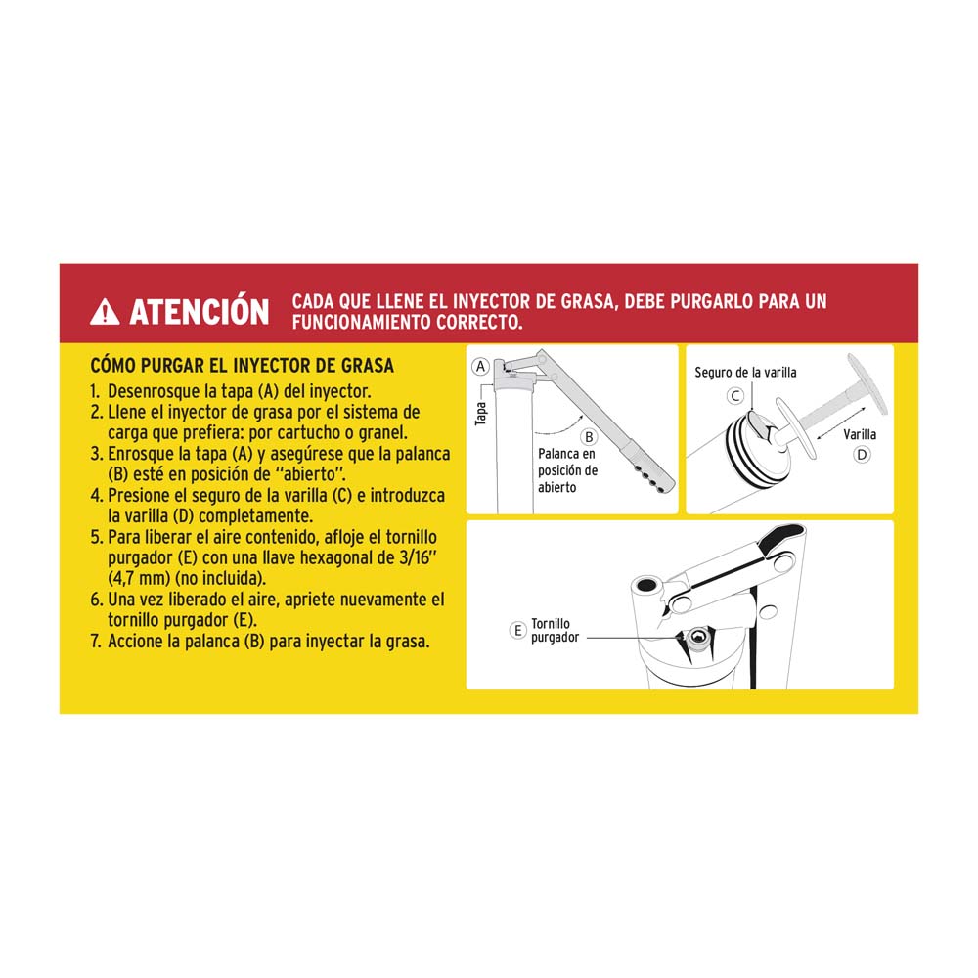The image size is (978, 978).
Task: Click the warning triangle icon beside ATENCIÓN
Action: pyautogui.click(x=105, y=312)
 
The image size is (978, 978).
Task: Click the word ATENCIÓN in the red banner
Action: pyautogui.click(x=199, y=312)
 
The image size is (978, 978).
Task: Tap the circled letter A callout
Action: pyautogui.click(x=479, y=367)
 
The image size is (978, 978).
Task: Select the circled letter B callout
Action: pyautogui.click(x=589, y=436)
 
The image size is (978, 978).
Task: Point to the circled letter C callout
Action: pyautogui.click(x=734, y=396)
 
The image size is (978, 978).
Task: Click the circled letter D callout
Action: pyautogui.click(x=862, y=454)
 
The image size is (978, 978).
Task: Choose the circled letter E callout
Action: pyautogui.click(x=518, y=631)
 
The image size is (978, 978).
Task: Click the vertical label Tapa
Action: pyautogui.click(x=480, y=415)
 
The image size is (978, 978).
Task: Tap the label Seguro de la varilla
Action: pyautogui.click(x=745, y=373)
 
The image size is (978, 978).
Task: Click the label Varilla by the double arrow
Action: pyautogui.click(x=860, y=434)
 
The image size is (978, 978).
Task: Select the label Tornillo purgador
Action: pyautogui.click(x=555, y=630)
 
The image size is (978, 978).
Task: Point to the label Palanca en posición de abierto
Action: pyautogui.click(x=567, y=470)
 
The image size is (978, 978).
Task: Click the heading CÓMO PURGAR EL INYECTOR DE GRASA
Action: pyautogui.click(x=242, y=366)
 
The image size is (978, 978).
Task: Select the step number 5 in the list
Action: pyautogui.click(x=95, y=537)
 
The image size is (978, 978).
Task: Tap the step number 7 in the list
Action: pyautogui.click(x=95, y=642)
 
